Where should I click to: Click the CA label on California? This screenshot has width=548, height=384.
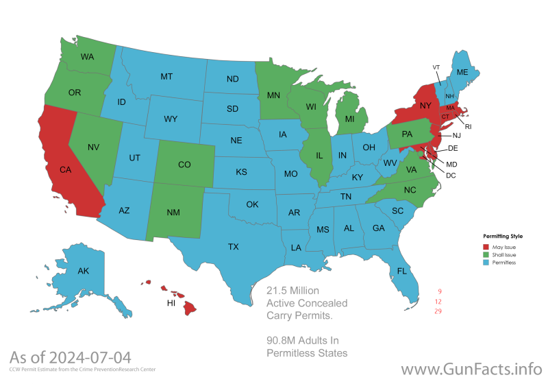click(x=66, y=169)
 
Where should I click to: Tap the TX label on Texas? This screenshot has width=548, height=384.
click(x=233, y=247)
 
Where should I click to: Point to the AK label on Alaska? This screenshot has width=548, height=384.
click(x=83, y=271)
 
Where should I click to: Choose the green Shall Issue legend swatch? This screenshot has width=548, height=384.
click(x=486, y=254)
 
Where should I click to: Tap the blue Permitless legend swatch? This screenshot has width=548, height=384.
click(x=486, y=263)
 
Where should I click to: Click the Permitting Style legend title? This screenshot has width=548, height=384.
click(x=503, y=236)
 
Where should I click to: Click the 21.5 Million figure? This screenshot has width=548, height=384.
click(x=292, y=291)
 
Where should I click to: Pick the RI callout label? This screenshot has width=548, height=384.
click(x=468, y=127)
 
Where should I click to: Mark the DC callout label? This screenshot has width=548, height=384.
click(x=451, y=176)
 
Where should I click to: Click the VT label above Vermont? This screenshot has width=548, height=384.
click(x=436, y=67)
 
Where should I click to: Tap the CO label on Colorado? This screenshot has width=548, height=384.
click(x=184, y=165)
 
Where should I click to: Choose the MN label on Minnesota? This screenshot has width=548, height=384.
click(x=273, y=95)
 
